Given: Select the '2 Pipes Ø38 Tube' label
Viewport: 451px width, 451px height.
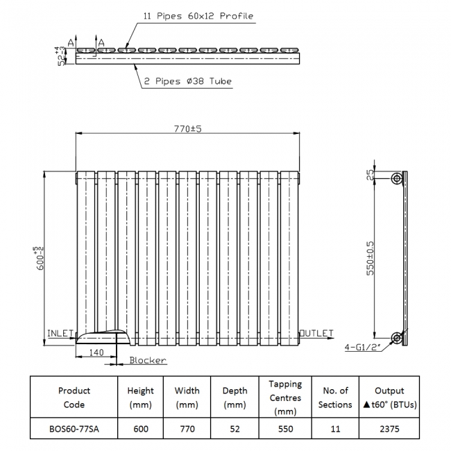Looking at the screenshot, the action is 188,81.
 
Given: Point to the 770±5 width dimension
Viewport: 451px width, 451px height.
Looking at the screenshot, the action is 187,128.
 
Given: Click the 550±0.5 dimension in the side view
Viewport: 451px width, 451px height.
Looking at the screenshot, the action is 372,257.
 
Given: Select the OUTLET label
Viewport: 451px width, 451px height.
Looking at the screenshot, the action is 317,334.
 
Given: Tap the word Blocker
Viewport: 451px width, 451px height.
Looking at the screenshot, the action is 148,360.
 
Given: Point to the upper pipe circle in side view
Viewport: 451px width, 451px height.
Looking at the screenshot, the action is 396,178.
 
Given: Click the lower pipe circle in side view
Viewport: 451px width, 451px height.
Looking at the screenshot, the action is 396,338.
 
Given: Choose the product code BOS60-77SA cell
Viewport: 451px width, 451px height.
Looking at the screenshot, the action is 74,429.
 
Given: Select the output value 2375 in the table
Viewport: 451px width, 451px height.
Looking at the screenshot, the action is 389,429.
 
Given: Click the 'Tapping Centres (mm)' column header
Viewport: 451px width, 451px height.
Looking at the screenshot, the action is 285,398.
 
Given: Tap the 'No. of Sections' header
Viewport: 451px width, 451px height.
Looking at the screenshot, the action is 335,398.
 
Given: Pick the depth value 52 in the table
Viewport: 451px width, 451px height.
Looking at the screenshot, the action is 235,429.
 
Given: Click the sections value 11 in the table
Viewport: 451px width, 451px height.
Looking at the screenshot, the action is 335,429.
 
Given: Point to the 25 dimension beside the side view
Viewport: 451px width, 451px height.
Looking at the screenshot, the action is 372,175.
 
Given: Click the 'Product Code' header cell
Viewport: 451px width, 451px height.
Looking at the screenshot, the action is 74,398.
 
